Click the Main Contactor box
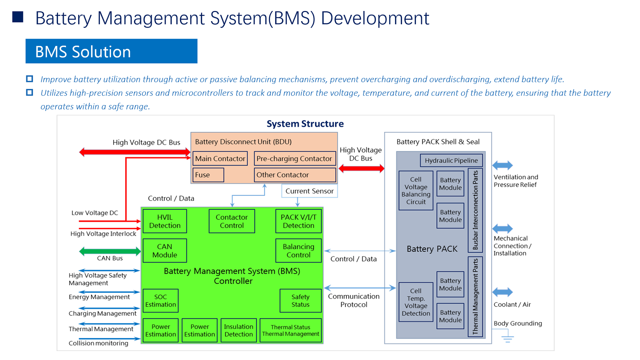[x=220, y=158]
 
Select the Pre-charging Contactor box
[x=295, y=158]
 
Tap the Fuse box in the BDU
[x=208, y=175]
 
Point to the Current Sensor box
[x=309, y=191]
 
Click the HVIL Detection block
[x=165, y=221]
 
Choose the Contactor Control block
[x=232, y=221]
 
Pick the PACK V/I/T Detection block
[x=299, y=221]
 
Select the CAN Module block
[x=165, y=250]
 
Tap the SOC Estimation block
[x=161, y=301]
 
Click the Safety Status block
[x=301, y=301]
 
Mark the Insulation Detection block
[x=239, y=330]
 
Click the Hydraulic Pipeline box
[x=451, y=160]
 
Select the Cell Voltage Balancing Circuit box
[x=416, y=190]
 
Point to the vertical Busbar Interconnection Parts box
[x=475, y=210]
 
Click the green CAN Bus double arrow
[x=110, y=251]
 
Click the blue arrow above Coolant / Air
[x=503, y=292]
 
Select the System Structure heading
[x=305, y=124]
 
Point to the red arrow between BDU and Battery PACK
[x=361, y=168]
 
